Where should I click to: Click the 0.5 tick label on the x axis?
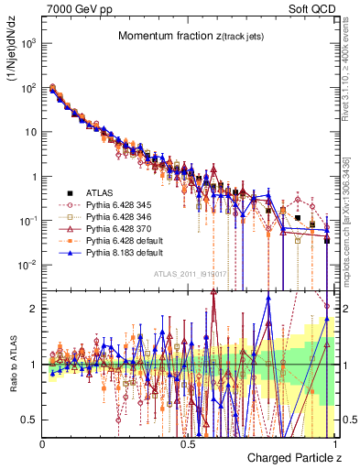[x=188, y=443]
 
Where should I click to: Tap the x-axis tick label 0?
[x=43, y=443]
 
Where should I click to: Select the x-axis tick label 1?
[x=333, y=443]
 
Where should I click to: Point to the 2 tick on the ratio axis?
[x=33, y=309]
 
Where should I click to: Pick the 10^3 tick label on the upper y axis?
[x=27, y=44]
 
